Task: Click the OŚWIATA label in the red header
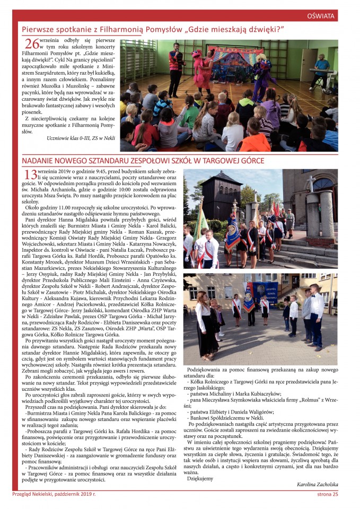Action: point(320,16)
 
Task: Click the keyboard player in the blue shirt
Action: point(321,72)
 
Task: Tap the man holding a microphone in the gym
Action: point(174,64)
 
